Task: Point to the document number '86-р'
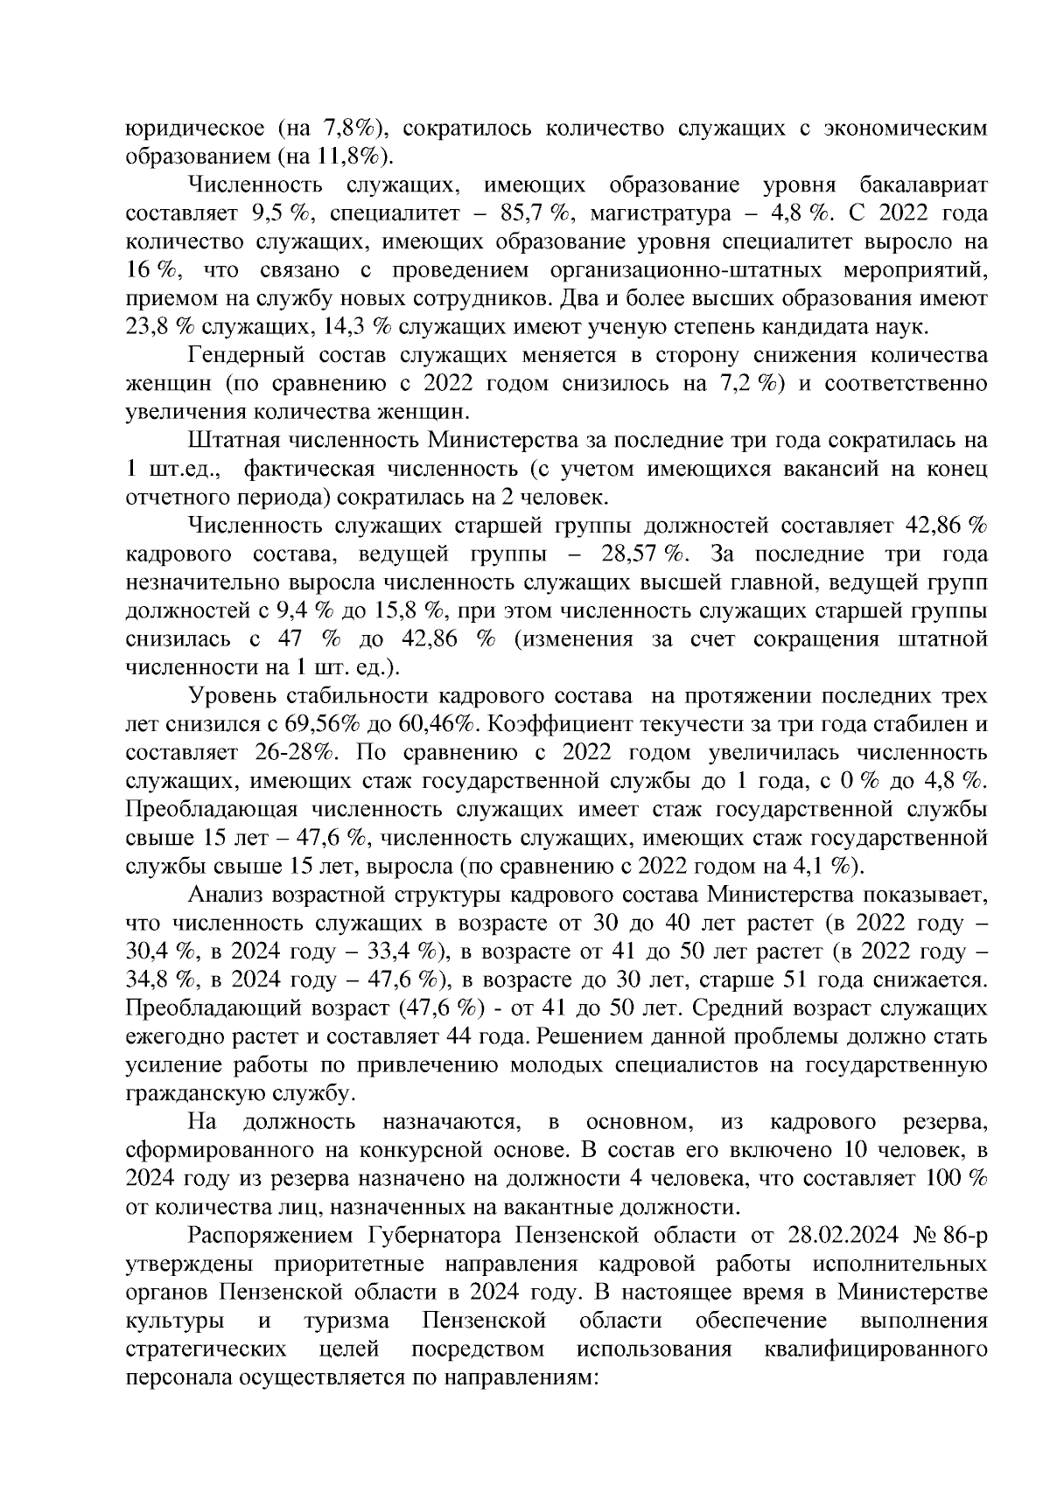click(x=965, y=1237)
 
